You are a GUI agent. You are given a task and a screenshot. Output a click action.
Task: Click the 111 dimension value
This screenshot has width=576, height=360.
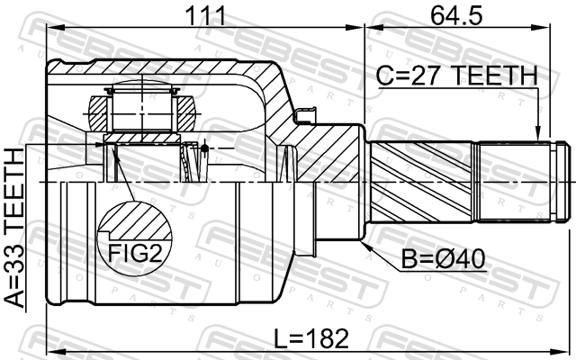coord(205,16)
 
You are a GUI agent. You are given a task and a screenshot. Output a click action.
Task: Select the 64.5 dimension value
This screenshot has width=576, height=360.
coord(456,16)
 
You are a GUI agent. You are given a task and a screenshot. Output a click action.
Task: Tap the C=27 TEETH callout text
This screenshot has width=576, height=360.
coord(457,76)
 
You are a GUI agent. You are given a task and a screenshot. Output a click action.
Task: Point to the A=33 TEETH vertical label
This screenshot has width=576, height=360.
coord(14,228)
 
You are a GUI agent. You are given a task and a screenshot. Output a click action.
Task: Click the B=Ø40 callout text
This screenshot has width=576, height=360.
coord(443,258)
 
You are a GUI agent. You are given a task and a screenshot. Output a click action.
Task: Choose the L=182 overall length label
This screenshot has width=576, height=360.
coord(311,338)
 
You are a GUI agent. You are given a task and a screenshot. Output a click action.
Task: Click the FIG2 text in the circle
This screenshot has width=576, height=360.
coord(135,253)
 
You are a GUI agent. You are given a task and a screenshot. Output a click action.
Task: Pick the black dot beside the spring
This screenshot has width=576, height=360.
coord(204,148)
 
